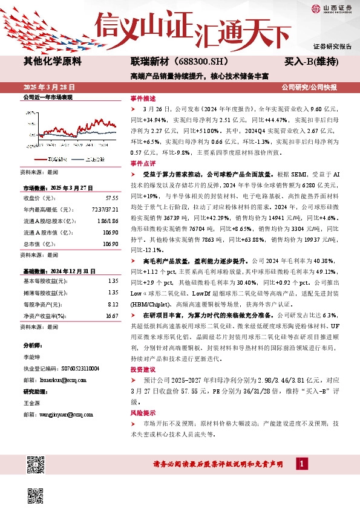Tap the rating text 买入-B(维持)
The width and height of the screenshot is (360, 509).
coord(311,62)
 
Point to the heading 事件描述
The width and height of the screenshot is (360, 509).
coord(143,98)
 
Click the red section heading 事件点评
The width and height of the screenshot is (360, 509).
coord(143,163)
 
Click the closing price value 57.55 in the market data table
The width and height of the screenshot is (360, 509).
coord(111,198)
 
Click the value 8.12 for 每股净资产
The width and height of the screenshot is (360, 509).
coord(112,305)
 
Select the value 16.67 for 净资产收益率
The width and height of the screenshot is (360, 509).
coord(111,316)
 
